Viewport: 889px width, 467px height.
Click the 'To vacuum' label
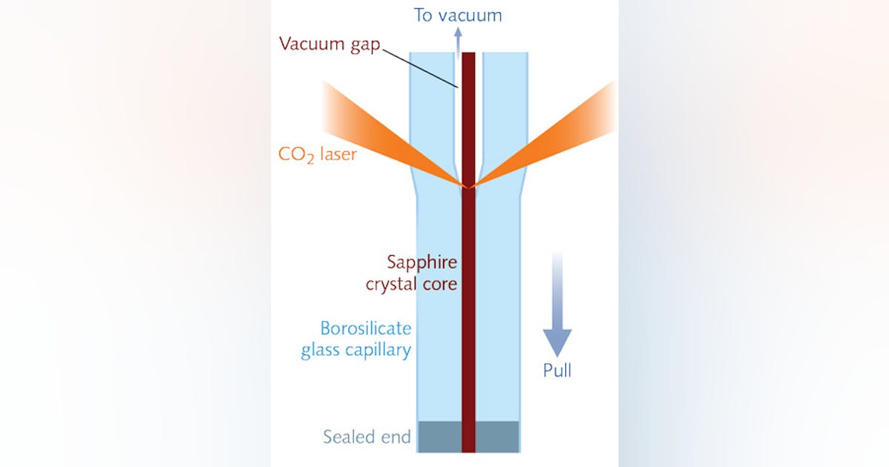click(457, 15)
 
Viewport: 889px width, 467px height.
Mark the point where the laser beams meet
click(468, 185)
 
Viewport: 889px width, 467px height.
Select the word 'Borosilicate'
click(365, 328)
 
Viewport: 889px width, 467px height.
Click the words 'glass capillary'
click(356, 350)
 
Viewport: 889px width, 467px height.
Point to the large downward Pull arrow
click(558, 311)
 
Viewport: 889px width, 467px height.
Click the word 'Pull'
click(557, 370)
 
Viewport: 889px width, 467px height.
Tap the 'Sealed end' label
click(367, 437)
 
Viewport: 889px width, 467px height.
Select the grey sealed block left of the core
click(440, 437)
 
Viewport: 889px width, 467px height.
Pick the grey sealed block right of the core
click(497, 437)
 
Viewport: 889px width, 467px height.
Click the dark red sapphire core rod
click(468, 311)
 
